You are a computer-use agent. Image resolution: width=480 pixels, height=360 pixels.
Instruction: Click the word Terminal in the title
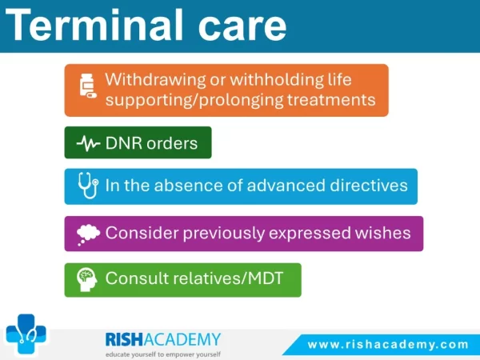pos(94,25)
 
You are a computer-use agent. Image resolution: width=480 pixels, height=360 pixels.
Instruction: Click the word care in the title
pos(242,28)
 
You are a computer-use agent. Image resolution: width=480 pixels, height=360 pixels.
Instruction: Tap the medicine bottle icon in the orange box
pos(88,86)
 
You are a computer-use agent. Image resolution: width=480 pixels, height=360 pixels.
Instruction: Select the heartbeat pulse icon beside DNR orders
pos(88,143)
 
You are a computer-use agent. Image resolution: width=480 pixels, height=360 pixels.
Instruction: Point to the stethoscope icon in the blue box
pos(88,186)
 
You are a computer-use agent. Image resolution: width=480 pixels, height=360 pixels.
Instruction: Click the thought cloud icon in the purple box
pos(88,234)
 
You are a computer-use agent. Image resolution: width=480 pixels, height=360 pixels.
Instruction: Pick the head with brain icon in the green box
pos(87,279)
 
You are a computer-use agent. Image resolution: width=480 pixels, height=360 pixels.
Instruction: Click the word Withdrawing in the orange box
pos(155,79)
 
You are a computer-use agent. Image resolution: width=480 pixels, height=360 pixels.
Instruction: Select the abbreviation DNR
pos(124,143)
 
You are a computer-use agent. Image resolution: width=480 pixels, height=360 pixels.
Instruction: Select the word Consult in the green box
pos(137,278)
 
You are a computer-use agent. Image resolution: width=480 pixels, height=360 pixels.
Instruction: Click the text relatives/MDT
pos(228,278)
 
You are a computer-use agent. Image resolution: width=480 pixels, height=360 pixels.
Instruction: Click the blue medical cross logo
pos(26,334)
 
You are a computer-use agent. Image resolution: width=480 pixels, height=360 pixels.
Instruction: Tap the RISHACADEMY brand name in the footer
pos(163,339)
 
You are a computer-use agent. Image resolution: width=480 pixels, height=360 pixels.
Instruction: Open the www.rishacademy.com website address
pos(388,345)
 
